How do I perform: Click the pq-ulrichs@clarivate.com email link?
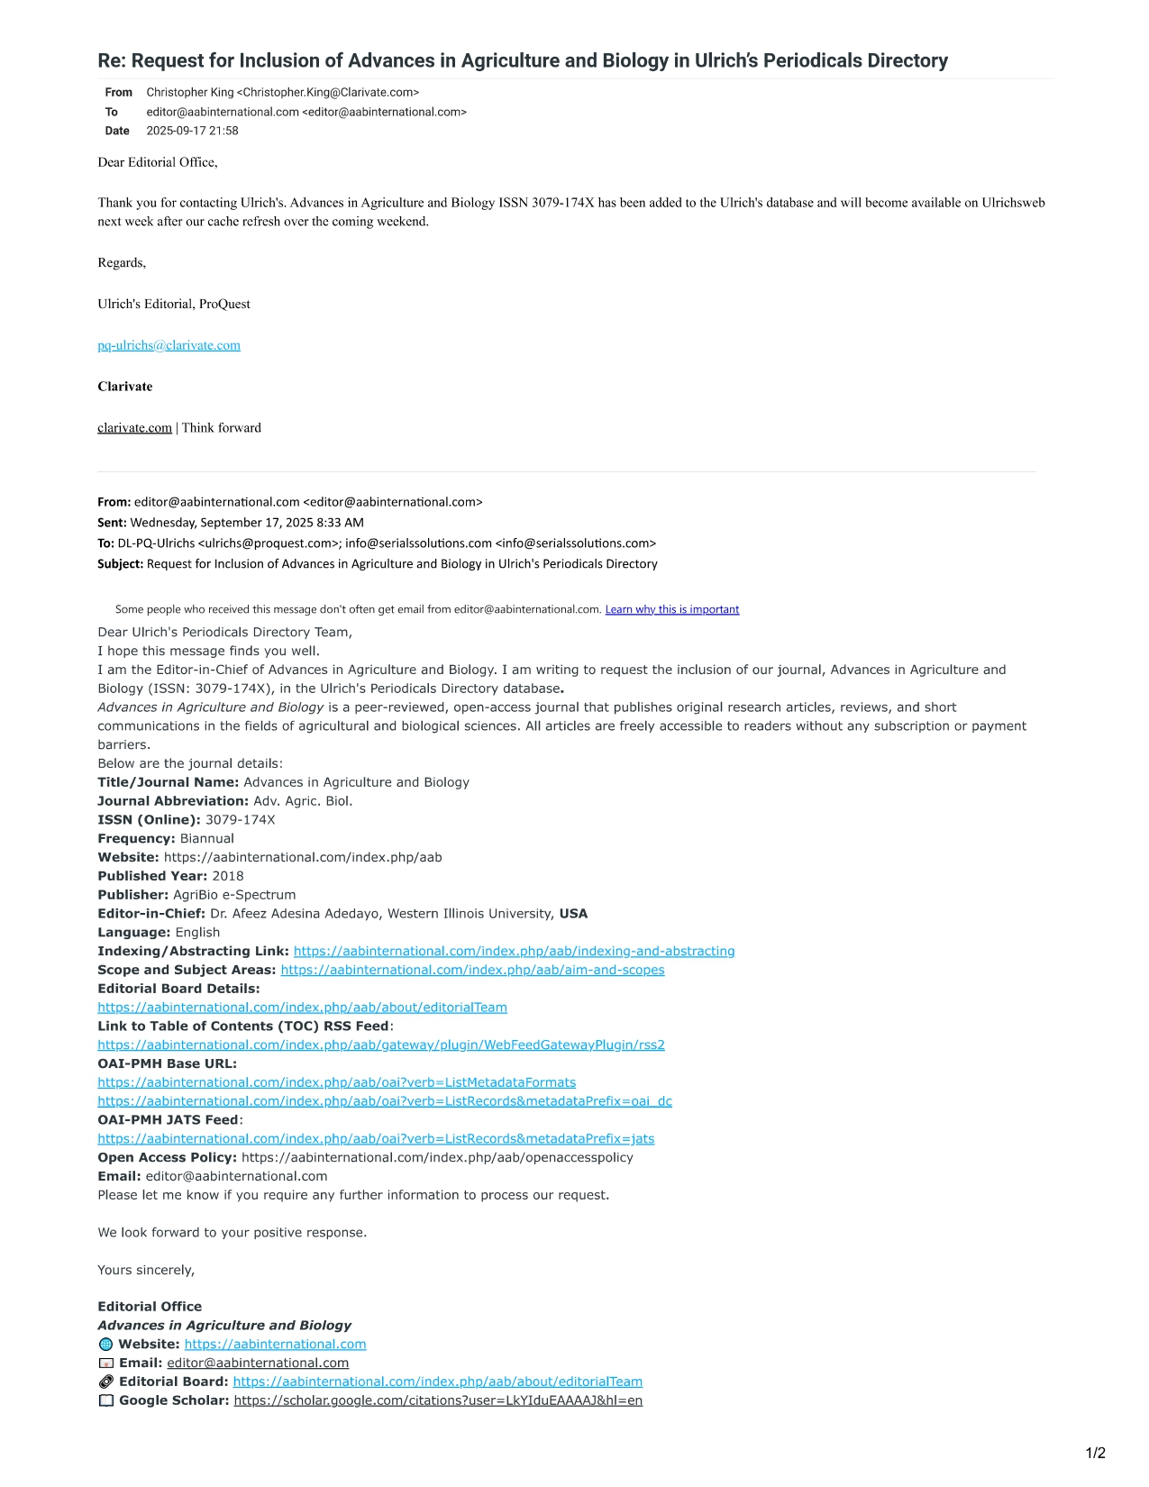click(169, 345)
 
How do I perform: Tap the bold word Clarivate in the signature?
click(125, 387)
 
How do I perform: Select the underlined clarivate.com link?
click(134, 428)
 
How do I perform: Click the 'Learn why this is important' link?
click(671, 609)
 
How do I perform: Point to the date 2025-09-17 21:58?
click(192, 131)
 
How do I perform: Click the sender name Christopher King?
click(190, 92)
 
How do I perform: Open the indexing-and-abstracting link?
click(514, 951)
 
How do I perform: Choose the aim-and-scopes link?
click(472, 970)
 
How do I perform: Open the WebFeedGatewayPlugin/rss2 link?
click(381, 1045)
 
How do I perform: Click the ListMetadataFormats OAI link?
click(336, 1082)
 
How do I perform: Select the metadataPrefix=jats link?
click(376, 1138)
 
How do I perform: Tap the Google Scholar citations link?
click(438, 1400)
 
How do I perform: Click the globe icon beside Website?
click(106, 1345)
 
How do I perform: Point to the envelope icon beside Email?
click(106, 1364)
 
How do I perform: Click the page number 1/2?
click(1095, 1453)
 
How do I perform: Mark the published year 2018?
click(228, 876)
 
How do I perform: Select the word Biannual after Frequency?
click(206, 838)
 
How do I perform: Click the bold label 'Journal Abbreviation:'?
click(173, 800)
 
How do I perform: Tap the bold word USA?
click(573, 914)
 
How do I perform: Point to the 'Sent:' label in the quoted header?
click(112, 523)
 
